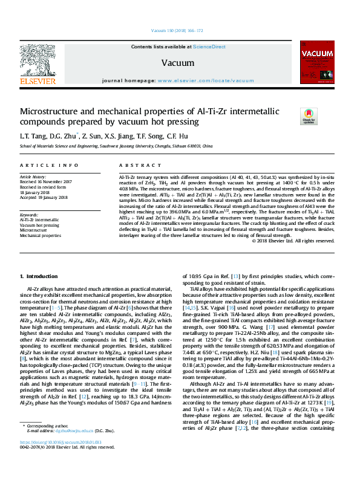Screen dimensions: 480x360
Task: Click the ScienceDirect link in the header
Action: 209,47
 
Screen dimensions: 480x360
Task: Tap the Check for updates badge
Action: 309,117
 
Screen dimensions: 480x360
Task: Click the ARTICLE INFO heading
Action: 49,165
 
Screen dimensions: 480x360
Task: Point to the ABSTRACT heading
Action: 136,165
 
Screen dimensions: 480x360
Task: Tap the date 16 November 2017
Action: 54,181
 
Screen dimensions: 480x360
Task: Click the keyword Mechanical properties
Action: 41,236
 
